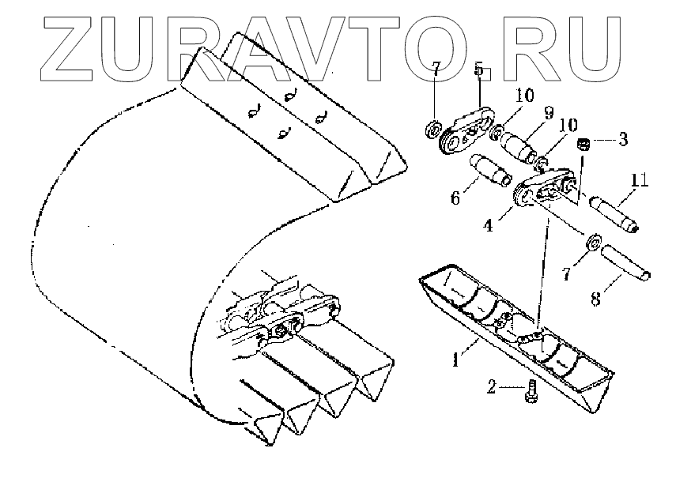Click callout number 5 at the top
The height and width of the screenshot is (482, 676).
click(478, 70)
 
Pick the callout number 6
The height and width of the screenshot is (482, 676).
click(455, 199)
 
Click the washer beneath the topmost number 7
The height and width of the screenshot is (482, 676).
click(434, 128)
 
